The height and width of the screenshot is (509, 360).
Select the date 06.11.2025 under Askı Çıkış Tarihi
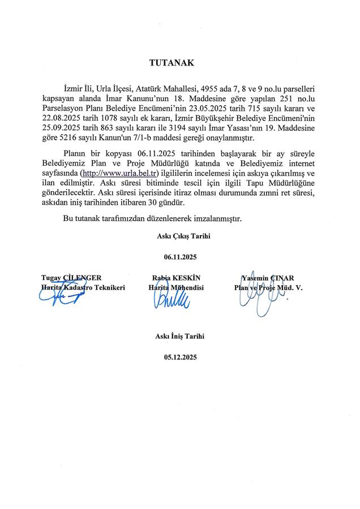point(179,256)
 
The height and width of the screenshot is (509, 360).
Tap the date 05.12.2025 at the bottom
point(179,357)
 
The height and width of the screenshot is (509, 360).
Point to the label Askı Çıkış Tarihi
point(179,235)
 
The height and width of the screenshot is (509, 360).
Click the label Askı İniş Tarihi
point(179,336)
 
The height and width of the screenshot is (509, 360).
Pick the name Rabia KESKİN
point(177,278)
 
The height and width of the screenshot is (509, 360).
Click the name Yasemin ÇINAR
point(268,278)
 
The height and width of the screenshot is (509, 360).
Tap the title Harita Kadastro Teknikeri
point(83,287)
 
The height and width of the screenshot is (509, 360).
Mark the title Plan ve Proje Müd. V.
point(269,287)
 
